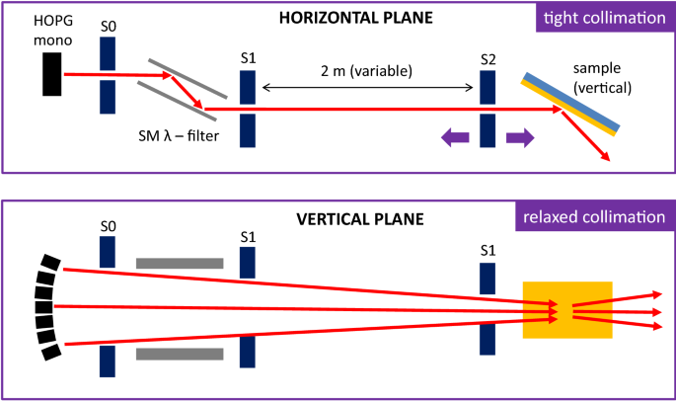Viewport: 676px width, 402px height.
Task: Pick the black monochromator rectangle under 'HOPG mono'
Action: coord(52,74)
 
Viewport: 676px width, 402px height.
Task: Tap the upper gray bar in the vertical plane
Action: coord(180,263)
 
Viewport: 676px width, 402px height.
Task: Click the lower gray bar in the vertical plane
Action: coord(180,354)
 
